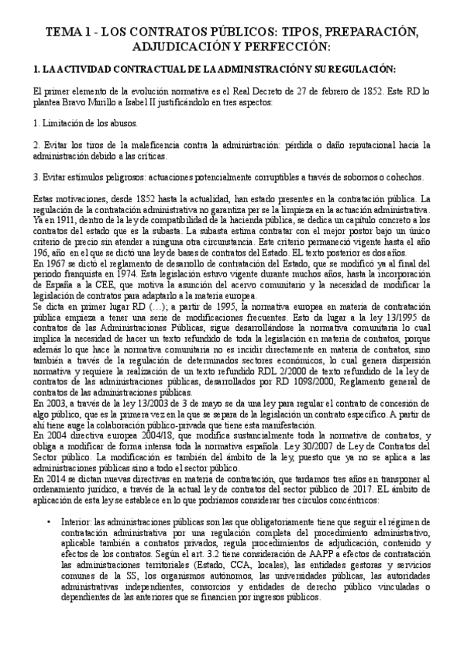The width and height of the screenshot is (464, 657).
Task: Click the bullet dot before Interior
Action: tap(50, 524)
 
